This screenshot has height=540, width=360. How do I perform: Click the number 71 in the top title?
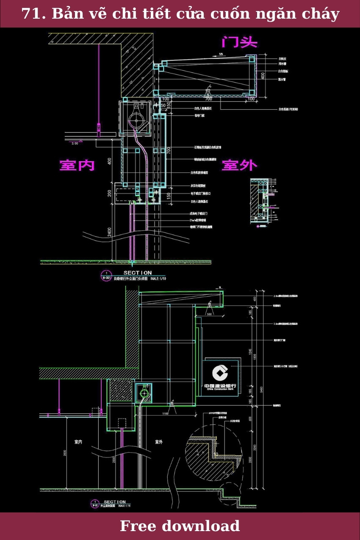click(x=30, y=14)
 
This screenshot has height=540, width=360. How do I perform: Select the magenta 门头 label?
click(x=239, y=42)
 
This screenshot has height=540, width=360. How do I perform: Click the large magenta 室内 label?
click(x=77, y=165)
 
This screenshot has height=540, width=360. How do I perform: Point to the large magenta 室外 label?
click(x=239, y=165)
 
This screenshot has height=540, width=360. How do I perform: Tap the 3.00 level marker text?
click(x=75, y=144)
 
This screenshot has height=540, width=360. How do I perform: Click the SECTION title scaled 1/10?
click(x=137, y=273)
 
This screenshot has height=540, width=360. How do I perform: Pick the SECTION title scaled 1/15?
click(x=115, y=502)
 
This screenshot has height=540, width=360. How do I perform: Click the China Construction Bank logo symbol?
click(x=220, y=373)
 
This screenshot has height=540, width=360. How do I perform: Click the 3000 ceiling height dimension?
click(x=65, y=453)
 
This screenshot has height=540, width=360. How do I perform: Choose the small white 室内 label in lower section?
click(x=78, y=442)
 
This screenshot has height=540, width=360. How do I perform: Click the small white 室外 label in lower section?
click(x=159, y=442)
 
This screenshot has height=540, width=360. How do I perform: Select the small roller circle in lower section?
click(x=144, y=393)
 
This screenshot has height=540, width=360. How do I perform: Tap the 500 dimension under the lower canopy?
click(x=209, y=314)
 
